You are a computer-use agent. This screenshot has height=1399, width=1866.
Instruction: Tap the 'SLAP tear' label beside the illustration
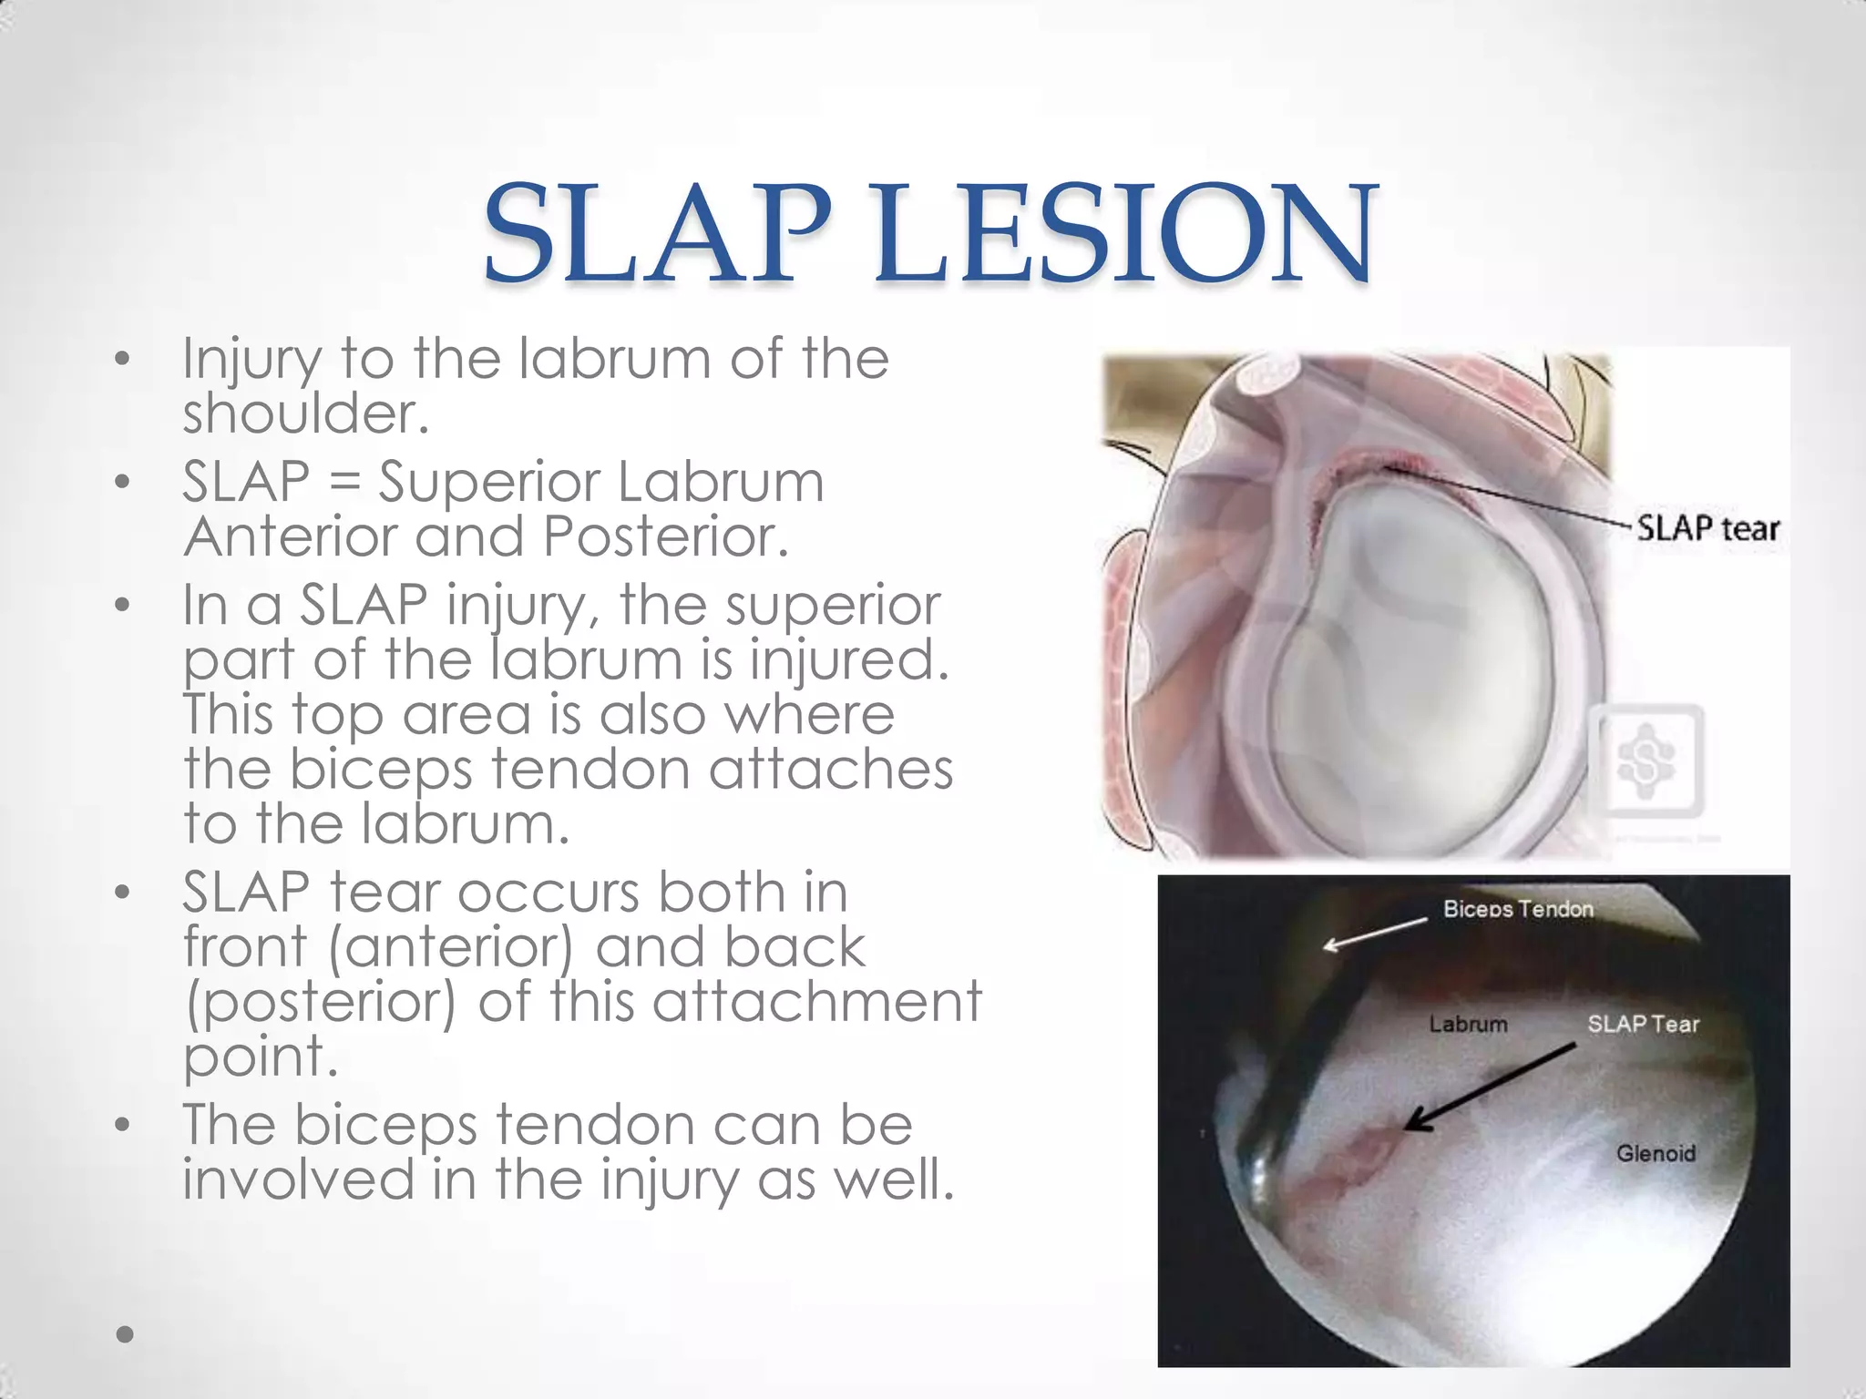click(x=1707, y=528)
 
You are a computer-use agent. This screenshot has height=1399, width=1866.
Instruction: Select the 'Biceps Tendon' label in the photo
click(x=1518, y=909)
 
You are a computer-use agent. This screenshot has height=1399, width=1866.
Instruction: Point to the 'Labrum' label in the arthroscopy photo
click(x=1468, y=1024)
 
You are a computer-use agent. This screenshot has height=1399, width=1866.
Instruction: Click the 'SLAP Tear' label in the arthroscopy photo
click(x=1644, y=1024)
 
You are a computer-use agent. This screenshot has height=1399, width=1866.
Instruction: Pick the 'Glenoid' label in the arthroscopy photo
click(x=1656, y=1153)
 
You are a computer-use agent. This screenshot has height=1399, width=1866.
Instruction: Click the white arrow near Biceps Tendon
click(x=1375, y=934)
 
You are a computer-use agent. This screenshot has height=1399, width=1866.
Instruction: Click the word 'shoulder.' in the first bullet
click(x=305, y=414)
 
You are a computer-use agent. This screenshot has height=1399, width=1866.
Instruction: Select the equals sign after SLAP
click(x=343, y=482)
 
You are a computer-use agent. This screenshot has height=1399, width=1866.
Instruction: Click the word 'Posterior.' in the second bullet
click(x=665, y=536)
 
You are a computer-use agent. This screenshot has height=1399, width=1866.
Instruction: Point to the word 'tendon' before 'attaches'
click(x=591, y=769)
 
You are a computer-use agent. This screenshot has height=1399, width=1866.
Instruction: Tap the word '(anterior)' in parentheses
click(x=450, y=946)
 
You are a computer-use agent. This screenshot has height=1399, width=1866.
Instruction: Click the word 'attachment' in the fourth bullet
click(x=817, y=1001)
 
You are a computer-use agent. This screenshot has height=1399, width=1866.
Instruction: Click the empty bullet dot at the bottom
click(x=126, y=1334)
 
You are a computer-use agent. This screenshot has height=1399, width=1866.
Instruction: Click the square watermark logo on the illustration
click(x=1647, y=761)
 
